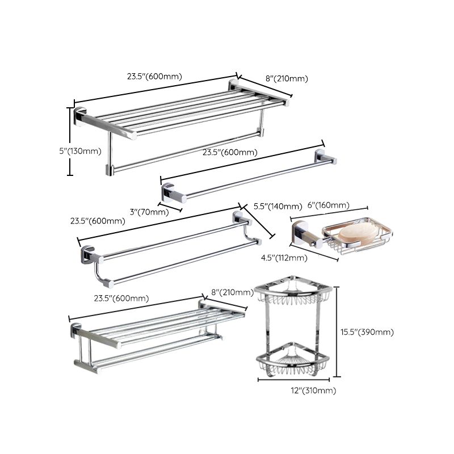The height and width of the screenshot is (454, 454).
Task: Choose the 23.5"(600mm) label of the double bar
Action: click(x=98, y=221)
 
